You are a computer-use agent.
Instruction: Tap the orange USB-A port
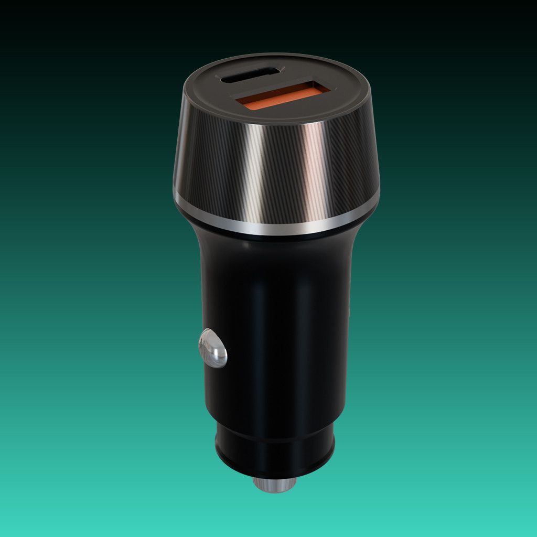(x=282, y=94)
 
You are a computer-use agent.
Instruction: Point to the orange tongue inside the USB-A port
(x=278, y=98)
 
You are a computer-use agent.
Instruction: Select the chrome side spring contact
(x=213, y=348)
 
